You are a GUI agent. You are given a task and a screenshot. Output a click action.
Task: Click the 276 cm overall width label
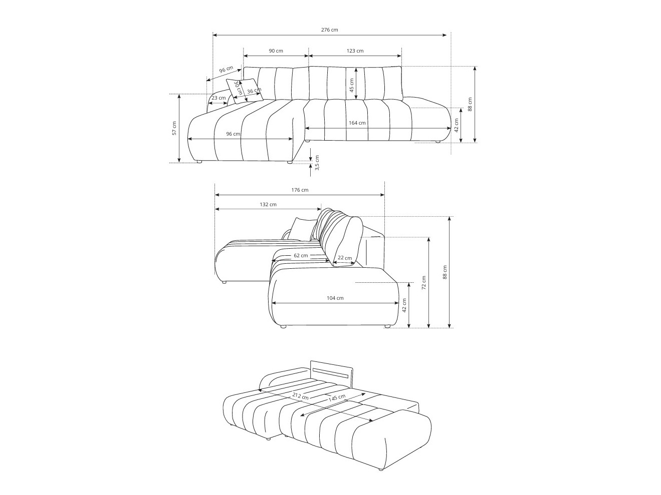(x=329, y=30)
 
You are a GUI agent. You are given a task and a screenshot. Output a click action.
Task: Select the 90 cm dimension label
(x=276, y=51)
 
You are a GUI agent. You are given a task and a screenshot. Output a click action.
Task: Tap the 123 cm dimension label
(x=355, y=51)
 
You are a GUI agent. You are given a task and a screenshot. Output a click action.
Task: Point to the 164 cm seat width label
(x=357, y=123)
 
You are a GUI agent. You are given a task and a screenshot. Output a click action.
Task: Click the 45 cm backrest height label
(x=351, y=85)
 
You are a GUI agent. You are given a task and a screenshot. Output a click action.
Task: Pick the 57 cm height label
(x=174, y=128)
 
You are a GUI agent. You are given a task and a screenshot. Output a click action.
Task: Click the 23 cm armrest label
(x=218, y=98)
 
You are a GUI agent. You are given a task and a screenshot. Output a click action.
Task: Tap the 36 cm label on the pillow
(x=254, y=91)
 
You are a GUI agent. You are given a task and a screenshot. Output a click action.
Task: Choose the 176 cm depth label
(x=300, y=190)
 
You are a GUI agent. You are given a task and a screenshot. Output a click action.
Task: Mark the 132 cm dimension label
(x=268, y=204)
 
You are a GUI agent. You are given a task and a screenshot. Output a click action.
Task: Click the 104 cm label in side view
(x=335, y=298)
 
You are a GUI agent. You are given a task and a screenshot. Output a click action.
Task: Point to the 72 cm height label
(x=423, y=283)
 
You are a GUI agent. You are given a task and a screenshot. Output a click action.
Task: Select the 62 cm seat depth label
(x=301, y=255)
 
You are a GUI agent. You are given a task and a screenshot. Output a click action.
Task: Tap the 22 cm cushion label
(x=344, y=258)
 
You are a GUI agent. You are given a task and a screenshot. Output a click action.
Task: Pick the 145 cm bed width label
(x=337, y=398)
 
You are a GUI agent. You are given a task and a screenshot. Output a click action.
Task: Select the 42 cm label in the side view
(x=404, y=305)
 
